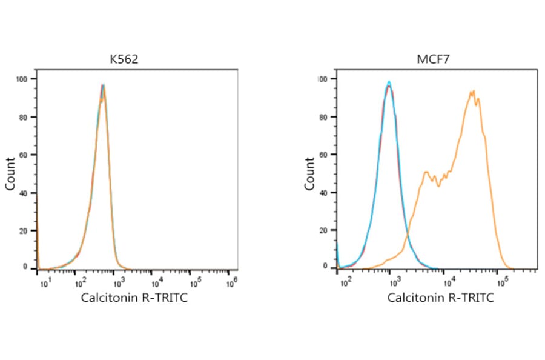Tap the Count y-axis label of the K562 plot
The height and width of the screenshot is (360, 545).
pos(10,174)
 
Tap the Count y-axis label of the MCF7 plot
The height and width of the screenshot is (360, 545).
pos(310,174)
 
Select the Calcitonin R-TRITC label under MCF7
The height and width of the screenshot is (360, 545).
pos(440,298)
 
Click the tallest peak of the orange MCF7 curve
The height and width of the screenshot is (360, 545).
pos(472,92)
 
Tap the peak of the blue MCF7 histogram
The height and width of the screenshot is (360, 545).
pos(389,82)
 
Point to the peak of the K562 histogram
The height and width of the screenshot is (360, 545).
pos(104,85)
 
